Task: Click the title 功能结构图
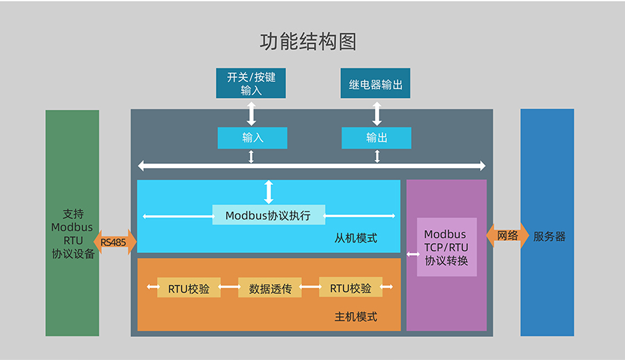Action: click(308, 41)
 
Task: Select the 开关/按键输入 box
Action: click(251, 83)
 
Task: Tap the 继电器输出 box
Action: click(376, 84)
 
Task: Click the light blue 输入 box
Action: click(252, 138)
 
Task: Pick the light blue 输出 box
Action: click(376, 138)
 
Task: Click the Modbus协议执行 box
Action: click(268, 215)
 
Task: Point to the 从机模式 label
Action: click(356, 238)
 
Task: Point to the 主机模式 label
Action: click(356, 316)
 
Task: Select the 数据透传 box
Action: click(269, 288)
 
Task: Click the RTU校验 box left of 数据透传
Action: click(188, 288)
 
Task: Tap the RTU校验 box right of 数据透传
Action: click(350, 288)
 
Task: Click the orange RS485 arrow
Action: click(115, 242)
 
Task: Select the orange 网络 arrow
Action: click(508, 236)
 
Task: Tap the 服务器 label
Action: click(549, 236)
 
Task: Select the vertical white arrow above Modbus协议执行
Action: click(269, 192)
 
